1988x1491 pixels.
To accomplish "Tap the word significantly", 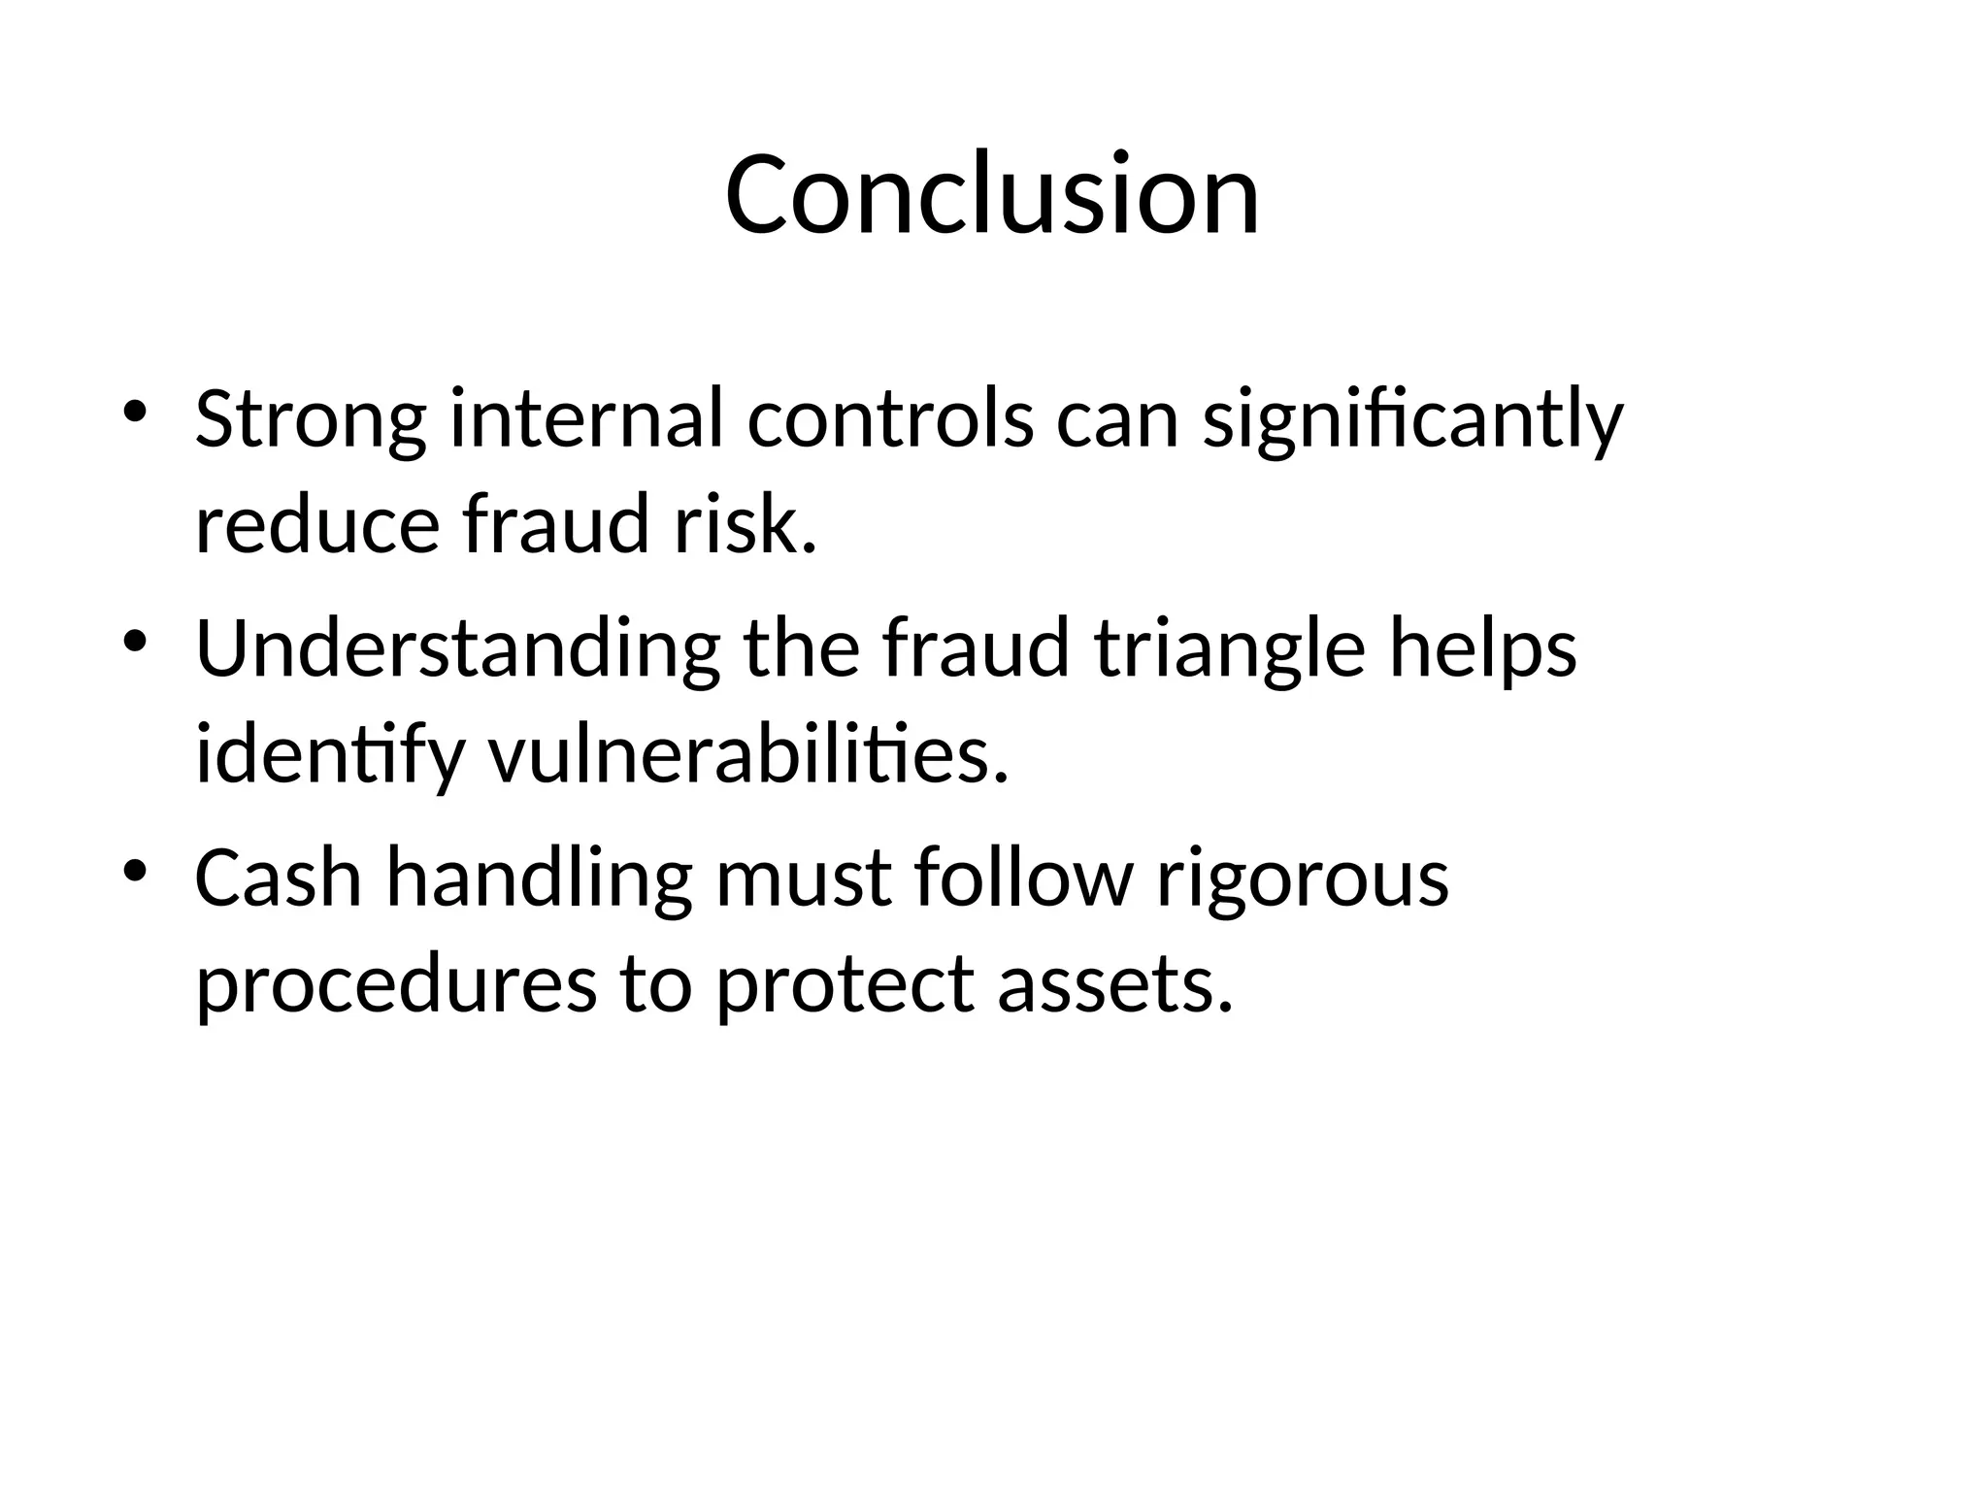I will (1412, 420).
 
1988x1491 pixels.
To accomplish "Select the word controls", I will (890, 420).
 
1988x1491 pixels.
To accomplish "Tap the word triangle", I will (1230, 649).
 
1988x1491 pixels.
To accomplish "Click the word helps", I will (1482, 649).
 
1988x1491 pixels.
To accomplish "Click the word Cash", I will (279, 878).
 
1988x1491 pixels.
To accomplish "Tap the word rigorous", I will (1302, 878).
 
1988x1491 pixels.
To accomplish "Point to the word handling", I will (539, 878).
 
